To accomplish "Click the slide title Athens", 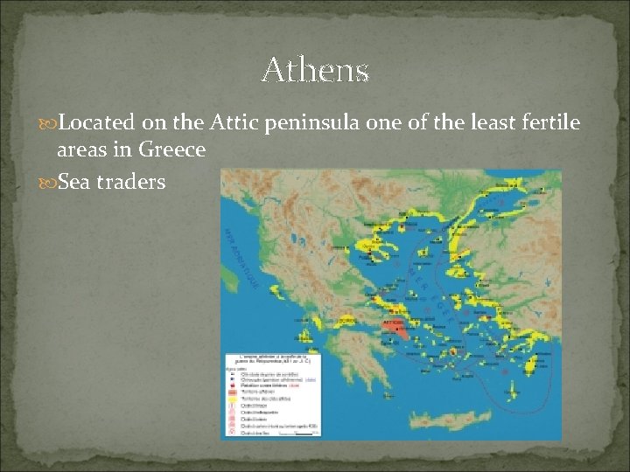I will pyautogui.click(x=315, y=70).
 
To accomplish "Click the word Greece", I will pyautogui.click(x=171, y=149).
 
